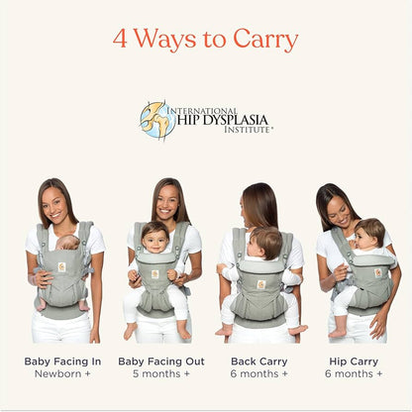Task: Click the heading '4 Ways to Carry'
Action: (205, 40)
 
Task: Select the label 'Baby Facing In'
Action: (62, 361)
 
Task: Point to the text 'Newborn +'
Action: (62, 374)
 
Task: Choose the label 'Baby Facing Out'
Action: (161, 361)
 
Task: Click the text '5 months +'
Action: (161, 374)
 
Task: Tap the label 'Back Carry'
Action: (258, 361)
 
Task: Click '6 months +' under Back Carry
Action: (258, 374)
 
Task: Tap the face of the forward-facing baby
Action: (154, 238)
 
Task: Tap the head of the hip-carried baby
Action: (368, 236)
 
